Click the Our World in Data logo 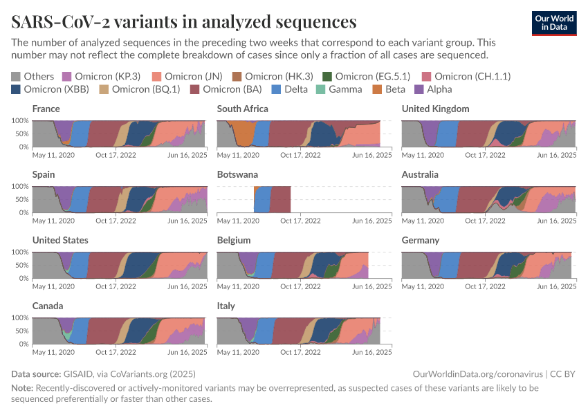point(554,23)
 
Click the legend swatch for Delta point(276,89)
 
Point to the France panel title point(46,109)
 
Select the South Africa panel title point(243,109)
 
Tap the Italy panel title point(226,306)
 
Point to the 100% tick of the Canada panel point(19,318)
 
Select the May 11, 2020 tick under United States point(54,287)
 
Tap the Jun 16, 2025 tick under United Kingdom point(557,156)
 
